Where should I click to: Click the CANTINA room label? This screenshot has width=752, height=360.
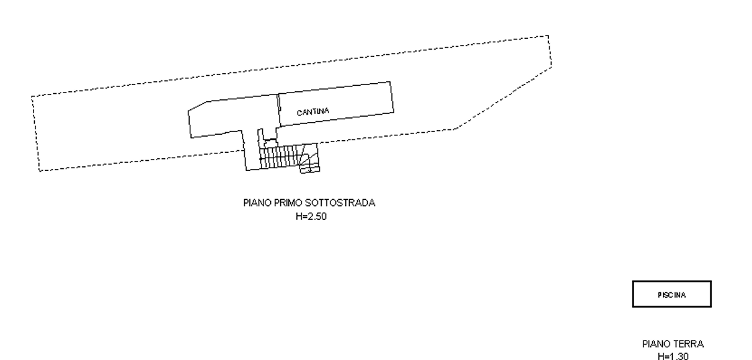313,112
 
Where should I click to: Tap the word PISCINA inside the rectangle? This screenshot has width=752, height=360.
672,295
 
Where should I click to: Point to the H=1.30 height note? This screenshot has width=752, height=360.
673,356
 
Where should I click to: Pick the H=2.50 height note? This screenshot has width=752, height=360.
311,217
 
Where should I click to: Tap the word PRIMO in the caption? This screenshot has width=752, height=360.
288,203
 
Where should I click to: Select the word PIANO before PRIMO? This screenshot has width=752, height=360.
257,203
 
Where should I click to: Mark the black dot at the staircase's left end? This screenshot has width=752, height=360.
261,158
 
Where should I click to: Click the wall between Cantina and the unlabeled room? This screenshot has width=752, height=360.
279,111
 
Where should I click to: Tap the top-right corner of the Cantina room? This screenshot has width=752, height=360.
391,82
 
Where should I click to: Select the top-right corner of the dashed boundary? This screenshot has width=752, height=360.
548,36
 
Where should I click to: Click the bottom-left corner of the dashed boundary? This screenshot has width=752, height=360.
39,170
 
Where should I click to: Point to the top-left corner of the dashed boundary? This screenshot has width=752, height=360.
32,97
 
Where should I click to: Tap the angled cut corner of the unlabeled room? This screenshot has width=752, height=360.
198,106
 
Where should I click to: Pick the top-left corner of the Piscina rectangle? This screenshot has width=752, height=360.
633,282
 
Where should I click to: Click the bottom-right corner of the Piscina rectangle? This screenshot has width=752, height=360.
710,307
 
